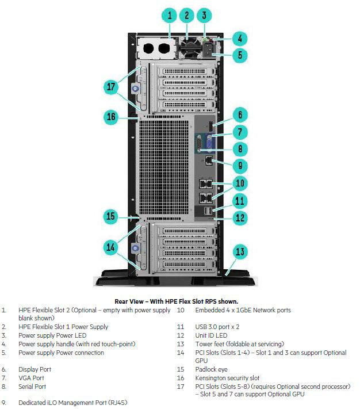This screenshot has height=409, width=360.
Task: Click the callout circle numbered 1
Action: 170,15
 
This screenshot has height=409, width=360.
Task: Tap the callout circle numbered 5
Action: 240,56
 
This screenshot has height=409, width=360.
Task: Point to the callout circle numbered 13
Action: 240,251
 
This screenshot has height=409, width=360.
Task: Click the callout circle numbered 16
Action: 112,117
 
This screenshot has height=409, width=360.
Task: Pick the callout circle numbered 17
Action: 112,87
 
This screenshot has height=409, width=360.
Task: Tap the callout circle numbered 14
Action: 112,247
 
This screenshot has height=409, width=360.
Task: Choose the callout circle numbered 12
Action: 240,217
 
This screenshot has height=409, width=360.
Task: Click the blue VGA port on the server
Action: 208,142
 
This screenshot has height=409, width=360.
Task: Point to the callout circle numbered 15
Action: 112,217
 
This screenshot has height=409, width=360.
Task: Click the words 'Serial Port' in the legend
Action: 32,387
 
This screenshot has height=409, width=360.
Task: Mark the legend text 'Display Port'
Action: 35,369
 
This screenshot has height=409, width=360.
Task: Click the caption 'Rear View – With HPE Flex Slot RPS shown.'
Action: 176,301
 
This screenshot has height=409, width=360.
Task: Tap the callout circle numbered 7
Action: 240,132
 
